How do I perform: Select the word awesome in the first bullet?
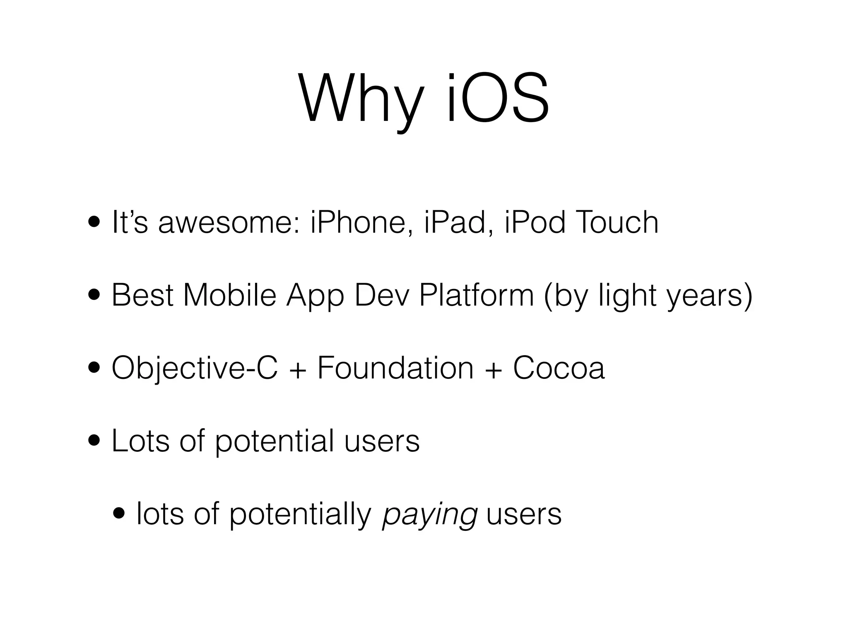click(229, 222)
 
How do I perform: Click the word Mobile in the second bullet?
click(229, 295)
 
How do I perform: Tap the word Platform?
click(476, 295)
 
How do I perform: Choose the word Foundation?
click(395, 368)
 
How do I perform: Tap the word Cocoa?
click(559, 368)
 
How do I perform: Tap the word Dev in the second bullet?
click(381, 295)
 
